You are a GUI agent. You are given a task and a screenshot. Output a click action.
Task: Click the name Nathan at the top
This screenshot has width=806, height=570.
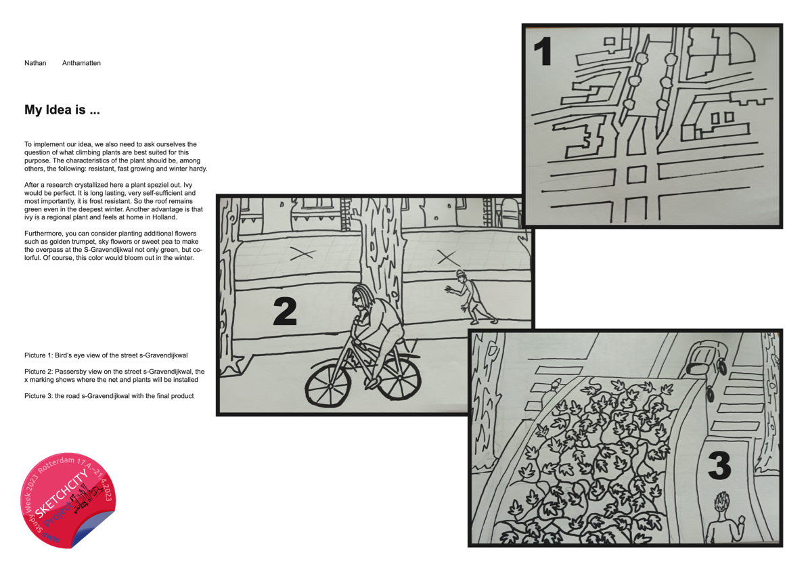[x=35, y=63]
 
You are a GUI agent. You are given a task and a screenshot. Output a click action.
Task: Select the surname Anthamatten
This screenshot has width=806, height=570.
[x=81, y=63]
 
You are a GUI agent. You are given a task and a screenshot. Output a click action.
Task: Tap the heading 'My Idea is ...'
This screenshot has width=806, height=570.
[x=62, y=110]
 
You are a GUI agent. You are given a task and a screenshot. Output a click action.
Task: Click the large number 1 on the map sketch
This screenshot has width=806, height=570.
[x=543, y=51]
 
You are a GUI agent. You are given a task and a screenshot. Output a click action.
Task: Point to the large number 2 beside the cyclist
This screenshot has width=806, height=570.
[x=285, y=311]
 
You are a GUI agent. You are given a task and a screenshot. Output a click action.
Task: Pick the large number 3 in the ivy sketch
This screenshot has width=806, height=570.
[x=719, y=466]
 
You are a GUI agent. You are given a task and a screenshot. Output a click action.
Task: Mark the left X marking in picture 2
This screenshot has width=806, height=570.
[x=303, y=253]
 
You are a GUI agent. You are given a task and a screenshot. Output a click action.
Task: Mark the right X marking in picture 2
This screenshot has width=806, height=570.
[x=446, y=257]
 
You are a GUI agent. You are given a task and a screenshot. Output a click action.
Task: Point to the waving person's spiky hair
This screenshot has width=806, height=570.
[x=721, y=501]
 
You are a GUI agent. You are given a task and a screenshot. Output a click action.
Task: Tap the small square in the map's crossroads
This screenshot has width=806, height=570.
[x=636, y=175]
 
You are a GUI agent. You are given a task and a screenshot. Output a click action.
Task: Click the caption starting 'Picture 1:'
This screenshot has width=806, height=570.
[x=106, y=355]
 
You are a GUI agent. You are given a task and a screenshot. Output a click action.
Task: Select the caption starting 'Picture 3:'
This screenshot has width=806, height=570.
[x=109, y=396]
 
